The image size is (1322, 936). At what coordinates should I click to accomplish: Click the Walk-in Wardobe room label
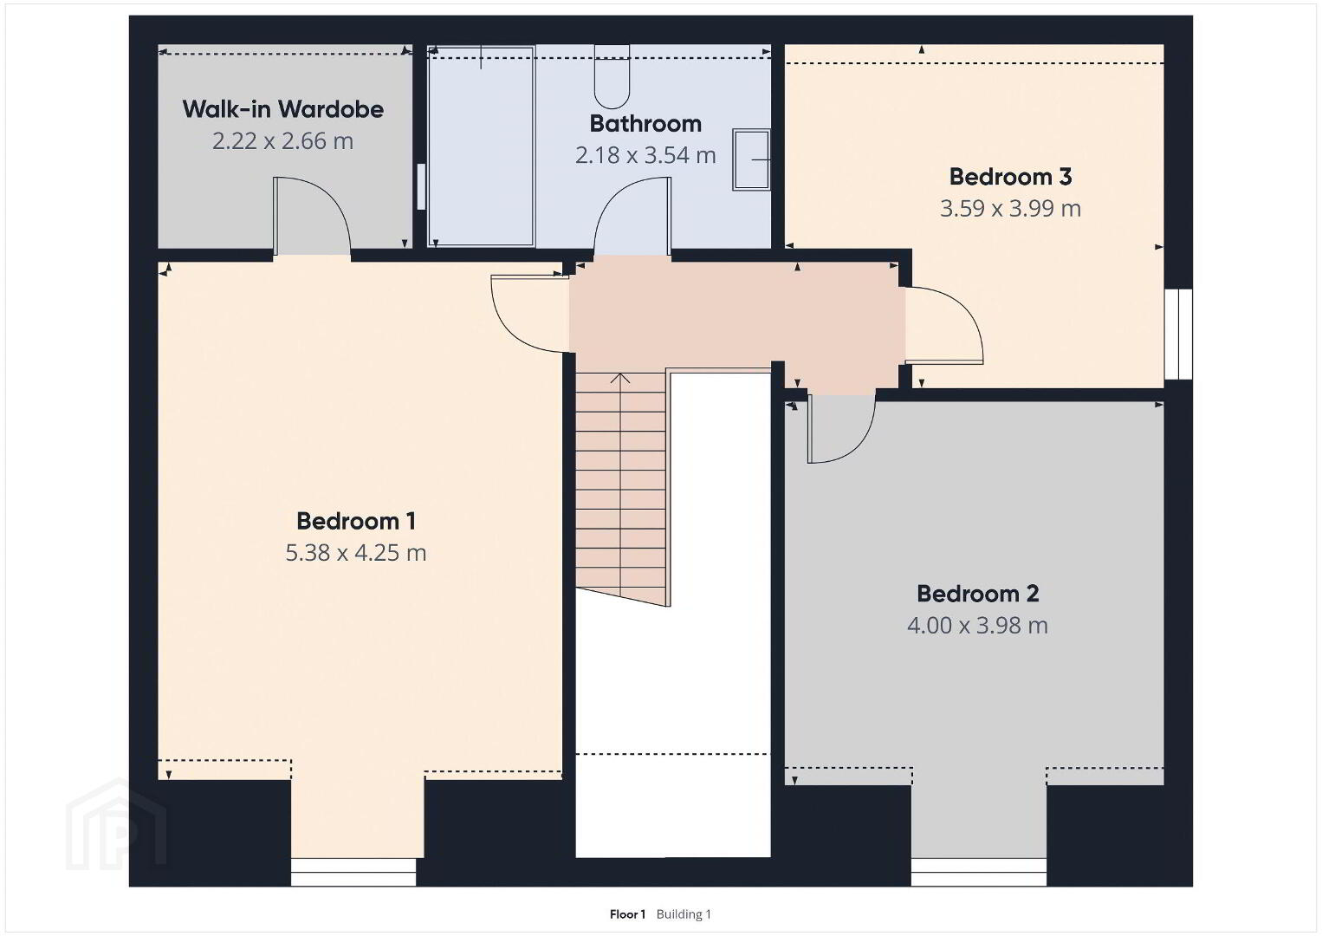coord(282,109)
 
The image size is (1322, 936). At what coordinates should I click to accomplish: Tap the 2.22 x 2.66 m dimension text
coord(282,141)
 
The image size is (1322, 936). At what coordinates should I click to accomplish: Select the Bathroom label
coord(645,123)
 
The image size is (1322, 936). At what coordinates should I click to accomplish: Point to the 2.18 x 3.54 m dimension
coord(645,155)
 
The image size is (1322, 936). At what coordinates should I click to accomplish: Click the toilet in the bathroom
coord(612,77)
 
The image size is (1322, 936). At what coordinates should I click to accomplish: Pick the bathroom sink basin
coord(751,159)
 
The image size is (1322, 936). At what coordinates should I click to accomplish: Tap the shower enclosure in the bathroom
coord(481,146)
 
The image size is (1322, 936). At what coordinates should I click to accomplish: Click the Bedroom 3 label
coord(1010,177)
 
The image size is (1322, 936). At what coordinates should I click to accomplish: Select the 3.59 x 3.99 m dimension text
coord(1010,209)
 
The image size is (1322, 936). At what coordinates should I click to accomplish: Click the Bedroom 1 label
coord(356,521)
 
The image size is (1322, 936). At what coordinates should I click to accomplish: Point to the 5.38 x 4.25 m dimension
coord(356,553)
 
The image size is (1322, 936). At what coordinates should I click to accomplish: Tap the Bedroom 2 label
coord(978,594)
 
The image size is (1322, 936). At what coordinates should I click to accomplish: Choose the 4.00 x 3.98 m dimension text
coord(978,626)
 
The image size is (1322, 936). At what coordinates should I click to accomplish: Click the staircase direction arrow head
coord(619,378)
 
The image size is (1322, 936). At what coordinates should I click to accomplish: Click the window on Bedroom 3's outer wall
coord(1178,334)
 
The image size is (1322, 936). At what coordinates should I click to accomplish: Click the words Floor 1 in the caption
coord(627,914)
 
